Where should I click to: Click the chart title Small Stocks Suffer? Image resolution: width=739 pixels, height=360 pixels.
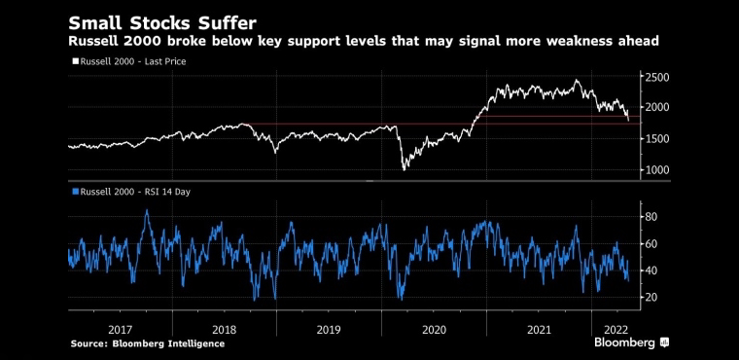tap(163, 23)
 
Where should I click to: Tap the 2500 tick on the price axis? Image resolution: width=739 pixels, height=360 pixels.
tap(657, 77)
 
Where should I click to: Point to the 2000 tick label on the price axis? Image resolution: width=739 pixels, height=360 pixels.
tap(657, 108)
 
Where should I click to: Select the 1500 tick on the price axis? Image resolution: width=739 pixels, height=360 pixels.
tap(657, 139)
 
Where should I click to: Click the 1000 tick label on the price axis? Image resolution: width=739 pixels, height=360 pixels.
tap(657, 170)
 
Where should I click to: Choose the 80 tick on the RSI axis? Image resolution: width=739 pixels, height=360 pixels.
tap(652, 217)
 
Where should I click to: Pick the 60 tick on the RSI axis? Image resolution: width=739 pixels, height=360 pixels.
tap(652, 244)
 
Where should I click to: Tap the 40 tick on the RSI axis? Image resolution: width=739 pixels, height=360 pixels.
tap(652, 270)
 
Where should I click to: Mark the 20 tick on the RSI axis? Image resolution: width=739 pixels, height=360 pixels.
tap(652, 298)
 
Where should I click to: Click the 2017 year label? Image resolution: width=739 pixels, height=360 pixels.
tap(120, 329)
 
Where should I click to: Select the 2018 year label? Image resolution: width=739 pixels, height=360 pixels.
tap(224, 329)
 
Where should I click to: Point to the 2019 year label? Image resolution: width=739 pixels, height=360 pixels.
tap(329, 329)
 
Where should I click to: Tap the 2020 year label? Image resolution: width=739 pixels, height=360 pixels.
tap(434, 329)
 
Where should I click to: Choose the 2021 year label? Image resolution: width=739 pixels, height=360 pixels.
tap(539, 329)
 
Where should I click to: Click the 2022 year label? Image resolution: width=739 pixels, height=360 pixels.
tap(616, 329)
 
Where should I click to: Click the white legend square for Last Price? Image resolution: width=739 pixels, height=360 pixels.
tap(75, 61)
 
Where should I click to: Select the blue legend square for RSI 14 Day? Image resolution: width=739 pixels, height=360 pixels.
tap(75, 192)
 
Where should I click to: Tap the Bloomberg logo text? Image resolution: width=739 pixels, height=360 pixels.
tap(624, 342)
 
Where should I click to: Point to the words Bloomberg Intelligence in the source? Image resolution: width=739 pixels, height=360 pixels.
tap(168, 344)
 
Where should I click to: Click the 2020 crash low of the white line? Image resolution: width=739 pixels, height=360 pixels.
tap(404, 170)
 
